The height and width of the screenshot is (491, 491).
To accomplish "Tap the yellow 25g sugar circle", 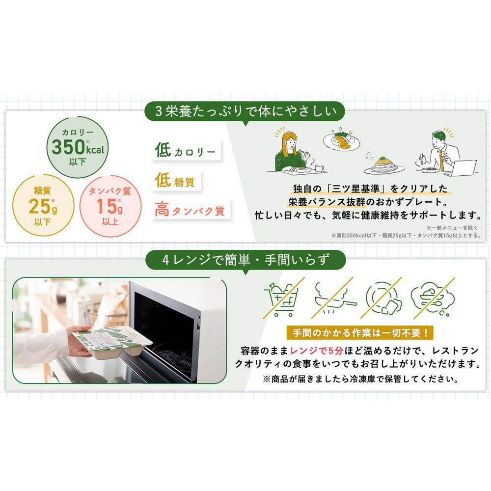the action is click(x=43, y=205).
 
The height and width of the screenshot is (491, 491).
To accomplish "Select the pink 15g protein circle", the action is click(x=110, y=206).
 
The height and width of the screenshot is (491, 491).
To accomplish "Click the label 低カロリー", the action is click(x=186, y=150).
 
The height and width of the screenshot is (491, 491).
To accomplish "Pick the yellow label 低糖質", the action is click(x=176, y=180).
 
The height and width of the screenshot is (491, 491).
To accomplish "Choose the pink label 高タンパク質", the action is click(x=191, y=210).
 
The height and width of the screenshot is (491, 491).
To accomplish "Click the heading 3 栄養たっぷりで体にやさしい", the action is click(x=245, y=111).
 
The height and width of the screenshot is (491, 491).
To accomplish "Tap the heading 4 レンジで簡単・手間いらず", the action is click(x=245, y=260).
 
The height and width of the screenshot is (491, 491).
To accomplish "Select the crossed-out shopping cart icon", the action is click(x=283, y=299).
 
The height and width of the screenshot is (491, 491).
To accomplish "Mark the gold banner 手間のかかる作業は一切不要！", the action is click(x=360, y=332).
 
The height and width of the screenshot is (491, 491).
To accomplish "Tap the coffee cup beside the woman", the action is click(x=319, y=168).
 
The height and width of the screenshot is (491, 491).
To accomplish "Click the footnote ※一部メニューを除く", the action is click(x=452, y=228).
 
